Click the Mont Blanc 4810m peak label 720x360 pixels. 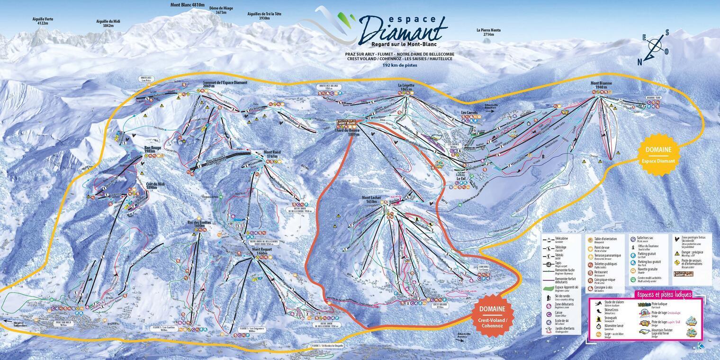(x=188, y=5)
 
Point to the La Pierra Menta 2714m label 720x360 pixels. (x=488, y=32)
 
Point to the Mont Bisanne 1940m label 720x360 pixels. (x=601, y=85)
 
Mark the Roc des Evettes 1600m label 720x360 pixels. (x=198, y=224)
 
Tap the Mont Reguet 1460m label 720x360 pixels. (x=262, y=252)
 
